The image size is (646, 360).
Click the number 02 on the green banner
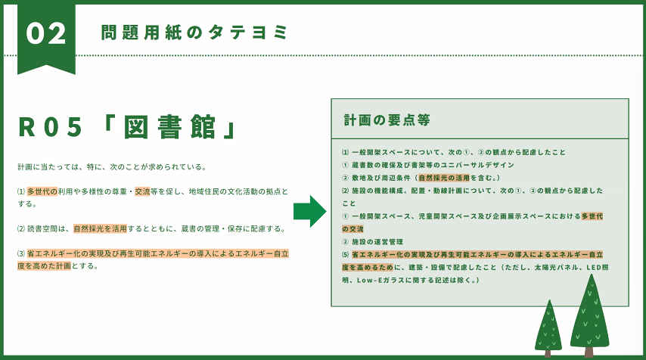coord(45,33)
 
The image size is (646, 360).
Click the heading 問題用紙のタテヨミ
coord(194,32)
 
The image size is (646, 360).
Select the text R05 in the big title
coord(51,127)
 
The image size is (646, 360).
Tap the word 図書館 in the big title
coord(169,127)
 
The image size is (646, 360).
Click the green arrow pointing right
coord(310,212)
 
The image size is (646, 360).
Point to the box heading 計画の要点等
coord(387,119)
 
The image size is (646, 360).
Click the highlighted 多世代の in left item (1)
coord(42,191)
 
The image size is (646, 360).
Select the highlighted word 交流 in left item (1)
coord(142,191)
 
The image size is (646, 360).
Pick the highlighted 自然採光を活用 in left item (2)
coord(100,228)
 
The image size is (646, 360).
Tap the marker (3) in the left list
coord(21,253)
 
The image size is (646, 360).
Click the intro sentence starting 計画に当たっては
coord(112,167)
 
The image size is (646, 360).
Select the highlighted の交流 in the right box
coord(353,229)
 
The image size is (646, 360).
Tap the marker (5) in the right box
coord(346,255)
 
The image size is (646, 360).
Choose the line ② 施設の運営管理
coord(372,242)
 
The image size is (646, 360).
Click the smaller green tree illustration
coord(548,328)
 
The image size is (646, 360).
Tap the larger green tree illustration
coord(589,315)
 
